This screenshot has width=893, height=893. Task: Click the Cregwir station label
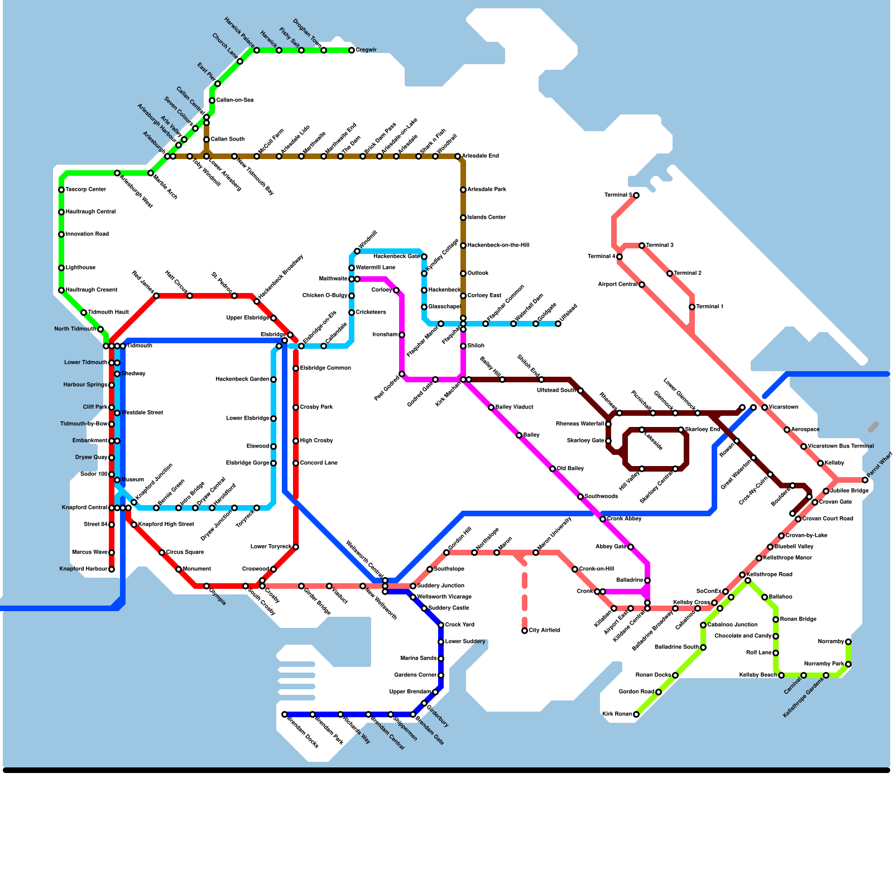[x=366, y=50]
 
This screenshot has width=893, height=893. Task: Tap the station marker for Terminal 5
[x=636, y=195]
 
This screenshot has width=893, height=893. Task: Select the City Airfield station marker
[x=525, y=631]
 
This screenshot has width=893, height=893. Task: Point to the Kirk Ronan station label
[x=617, y=714]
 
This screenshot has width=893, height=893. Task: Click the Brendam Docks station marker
[x=285, y=714]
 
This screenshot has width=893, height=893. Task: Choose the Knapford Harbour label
[x=83, y=569]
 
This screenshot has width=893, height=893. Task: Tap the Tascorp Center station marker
[x=61, y=190]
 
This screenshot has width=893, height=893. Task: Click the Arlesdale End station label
[x=481, y=156]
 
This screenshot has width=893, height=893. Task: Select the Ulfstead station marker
[x=558, y=324]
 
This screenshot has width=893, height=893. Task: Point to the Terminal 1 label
[x=710, y=307]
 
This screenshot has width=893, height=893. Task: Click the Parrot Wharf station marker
[x=865, y=480]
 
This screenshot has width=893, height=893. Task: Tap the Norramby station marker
[x=848, y=642]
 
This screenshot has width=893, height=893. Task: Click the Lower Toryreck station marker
[x=296, y=547]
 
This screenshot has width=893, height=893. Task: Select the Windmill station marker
[x=357, y=251]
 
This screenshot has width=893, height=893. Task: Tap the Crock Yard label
[x=460, y=625]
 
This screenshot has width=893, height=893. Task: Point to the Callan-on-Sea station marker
[x=212, y=100]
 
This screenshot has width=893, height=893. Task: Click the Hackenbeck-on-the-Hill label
[x=498, y=246]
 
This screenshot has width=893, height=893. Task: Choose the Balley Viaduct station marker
[x=491, y=407]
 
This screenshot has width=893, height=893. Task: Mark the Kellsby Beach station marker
[x=781, y=675]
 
